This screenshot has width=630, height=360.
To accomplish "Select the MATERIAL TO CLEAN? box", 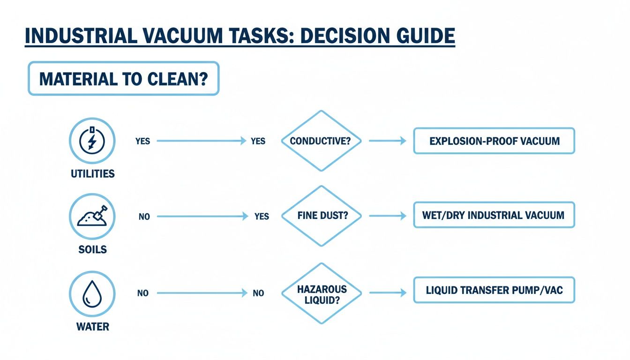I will click(x=123, y=78).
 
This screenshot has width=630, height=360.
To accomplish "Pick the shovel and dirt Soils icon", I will click(x=92, y=217).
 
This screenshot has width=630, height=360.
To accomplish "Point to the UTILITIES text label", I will click(x=92, y=174).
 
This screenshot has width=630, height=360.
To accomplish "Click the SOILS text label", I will click(x=92, y=249).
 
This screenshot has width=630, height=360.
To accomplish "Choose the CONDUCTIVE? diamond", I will click(x=321, y=141).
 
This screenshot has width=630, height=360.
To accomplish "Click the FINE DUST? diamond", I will click(x=321, y=216).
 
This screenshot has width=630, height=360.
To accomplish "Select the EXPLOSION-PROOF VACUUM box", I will click(x=494, y=141).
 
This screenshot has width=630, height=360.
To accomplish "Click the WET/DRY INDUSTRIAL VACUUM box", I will click(x=494, y=216).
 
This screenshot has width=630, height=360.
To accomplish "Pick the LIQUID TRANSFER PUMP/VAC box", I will click(x=494, y=290).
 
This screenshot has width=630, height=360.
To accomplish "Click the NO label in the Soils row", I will click(x=144, y=217).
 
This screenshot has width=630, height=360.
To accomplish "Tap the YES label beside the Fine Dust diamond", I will click(x=261, y=217).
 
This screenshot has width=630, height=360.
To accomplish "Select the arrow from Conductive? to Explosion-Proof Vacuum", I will click(x=388, y=141).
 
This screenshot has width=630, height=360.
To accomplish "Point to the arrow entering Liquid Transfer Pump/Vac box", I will click(x=388, y=293).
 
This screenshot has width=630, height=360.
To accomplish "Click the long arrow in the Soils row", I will click(x=202, y=217).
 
